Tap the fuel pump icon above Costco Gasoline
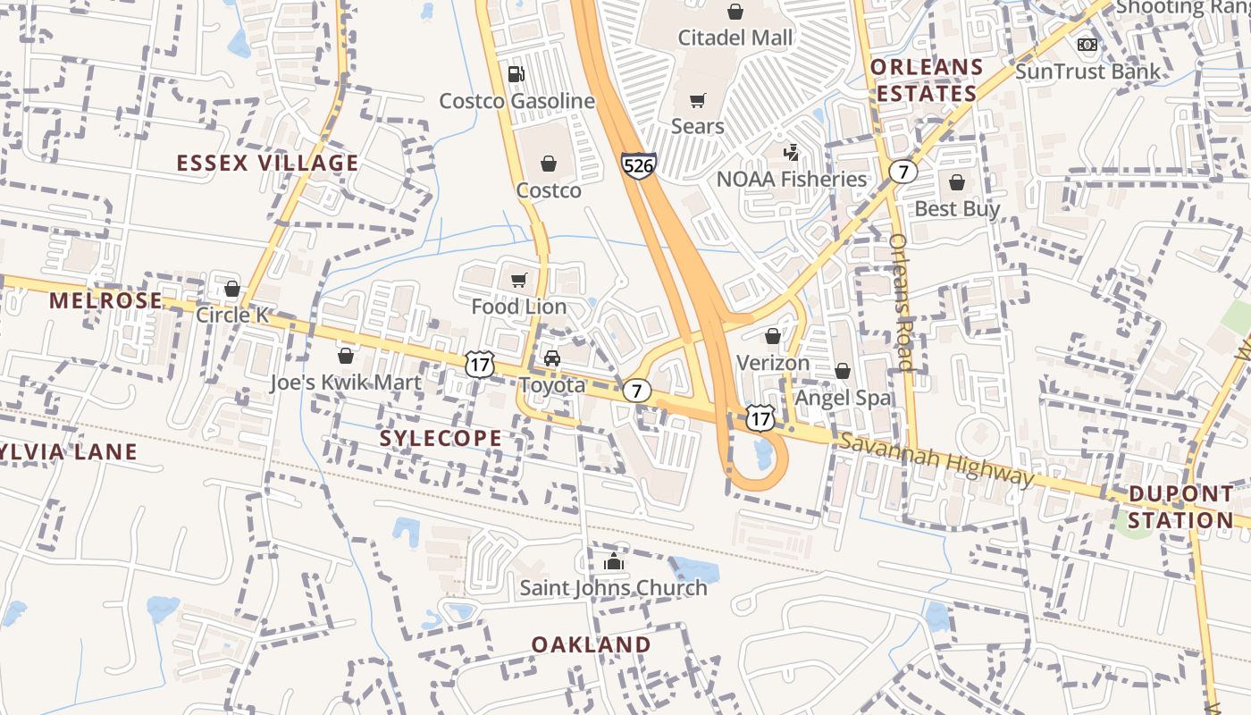[x=516, y=74]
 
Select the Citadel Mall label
[x=735, y=38]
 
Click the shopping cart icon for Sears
[x=698, y=100]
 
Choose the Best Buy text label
[x=957, y=209]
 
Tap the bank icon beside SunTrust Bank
[x=1087, y=45]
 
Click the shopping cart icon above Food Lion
[x=519, y=281]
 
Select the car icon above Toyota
[x=552, y=359]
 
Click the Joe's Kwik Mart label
[x=346, y=383]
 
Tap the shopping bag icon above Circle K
[x=232, y=289]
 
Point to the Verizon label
[x=773, y=363]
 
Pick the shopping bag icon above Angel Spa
[x=843, y=371]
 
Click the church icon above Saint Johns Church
[x=613, y=562]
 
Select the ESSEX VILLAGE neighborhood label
[x=267, y=163]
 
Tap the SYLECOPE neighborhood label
[x=441, y=438]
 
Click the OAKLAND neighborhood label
[x=592, y=644]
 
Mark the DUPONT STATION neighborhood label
[x=1180, y=507]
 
